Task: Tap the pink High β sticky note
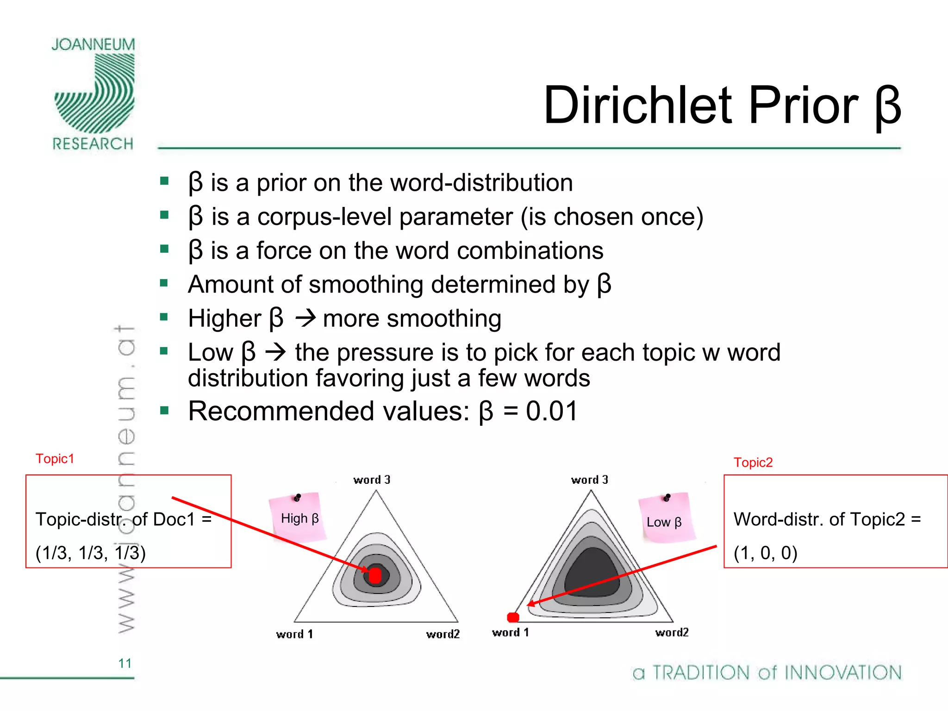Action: click(x=299, y=518)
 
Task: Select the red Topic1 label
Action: click(x=55, y=459)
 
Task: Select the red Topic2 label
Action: click(x=753, y=462)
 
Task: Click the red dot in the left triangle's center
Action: click(x=375, y=575)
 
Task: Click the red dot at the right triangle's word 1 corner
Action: click(x=513, y=617)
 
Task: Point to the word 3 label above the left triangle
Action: click(x=372, y=480)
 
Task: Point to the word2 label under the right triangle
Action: click(x=672, y=632)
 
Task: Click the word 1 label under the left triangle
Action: click(x=294, y=634)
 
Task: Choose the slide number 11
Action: click(x=125, y=663)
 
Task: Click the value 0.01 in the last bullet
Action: click(x=552, y=411)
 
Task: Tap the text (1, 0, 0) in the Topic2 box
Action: click(x=766, y=553)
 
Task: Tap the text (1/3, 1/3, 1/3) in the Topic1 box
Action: click(x=91, y=553)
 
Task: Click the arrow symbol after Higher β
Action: click(x=306, y=318)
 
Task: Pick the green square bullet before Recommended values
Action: click(x=164, y=411)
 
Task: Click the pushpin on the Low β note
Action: click(x=667, y=498)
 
